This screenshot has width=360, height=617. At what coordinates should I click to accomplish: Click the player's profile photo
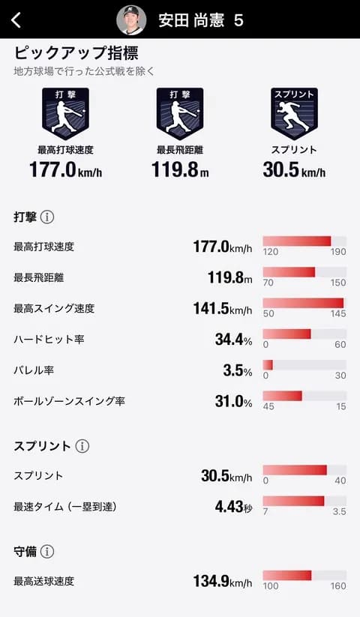coord(131,20)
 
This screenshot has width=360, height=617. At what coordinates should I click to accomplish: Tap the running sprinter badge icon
coord(294,113)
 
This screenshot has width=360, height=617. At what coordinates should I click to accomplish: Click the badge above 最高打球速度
coord(65,113)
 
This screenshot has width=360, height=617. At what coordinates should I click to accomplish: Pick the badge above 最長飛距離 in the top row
coord(180,113)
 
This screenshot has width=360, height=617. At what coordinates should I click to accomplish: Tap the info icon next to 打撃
coord(47,217)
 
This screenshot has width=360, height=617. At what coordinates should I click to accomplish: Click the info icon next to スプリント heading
coord(82,446)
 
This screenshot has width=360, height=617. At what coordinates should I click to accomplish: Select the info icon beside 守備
coord(47,552)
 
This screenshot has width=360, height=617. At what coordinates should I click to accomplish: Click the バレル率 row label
coord(34,370)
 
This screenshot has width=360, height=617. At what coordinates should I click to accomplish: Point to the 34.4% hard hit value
coord(233,340)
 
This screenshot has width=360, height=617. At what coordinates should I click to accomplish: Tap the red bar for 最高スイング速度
coord(303,303)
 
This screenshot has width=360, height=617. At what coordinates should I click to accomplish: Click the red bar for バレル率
coord(268,364)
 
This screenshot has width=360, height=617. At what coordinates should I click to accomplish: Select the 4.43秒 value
coord(233,506)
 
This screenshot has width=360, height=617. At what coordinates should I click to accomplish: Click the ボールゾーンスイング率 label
coord(69,401)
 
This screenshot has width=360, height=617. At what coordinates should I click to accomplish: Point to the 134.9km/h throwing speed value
coord(227,581)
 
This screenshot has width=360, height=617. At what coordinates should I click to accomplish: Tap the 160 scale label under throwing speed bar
coord(338,586)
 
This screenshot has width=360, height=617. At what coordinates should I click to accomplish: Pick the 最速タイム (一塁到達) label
coord(66,507)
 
